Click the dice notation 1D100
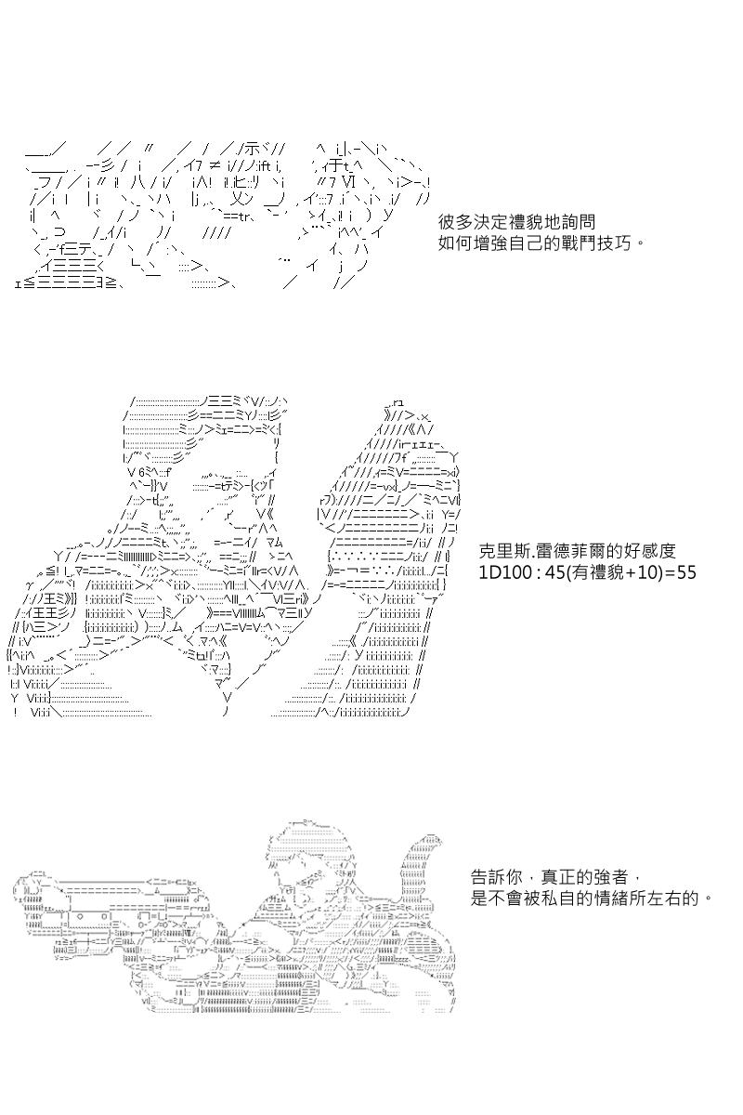pos(502,572)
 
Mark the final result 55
pos(685,572)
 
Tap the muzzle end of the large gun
pos(22,895)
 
